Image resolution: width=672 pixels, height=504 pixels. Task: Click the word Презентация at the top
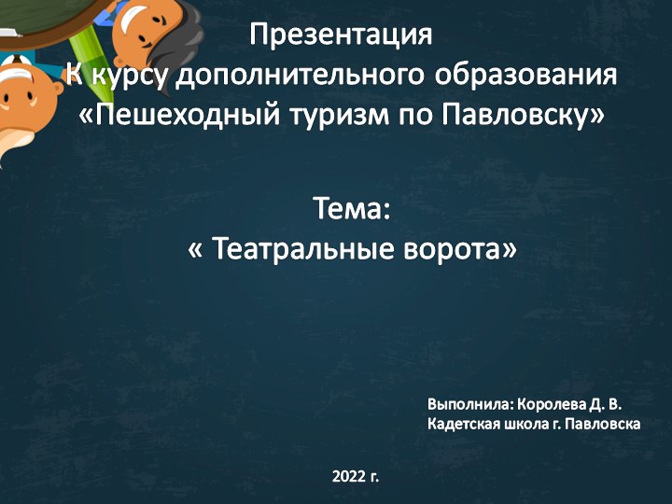point(341,36)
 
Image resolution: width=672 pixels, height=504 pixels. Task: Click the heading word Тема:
point(350,209)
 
